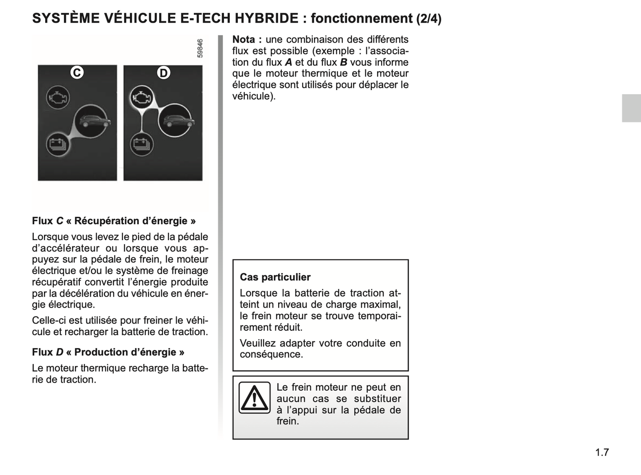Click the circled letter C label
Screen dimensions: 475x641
[x=77, y=72]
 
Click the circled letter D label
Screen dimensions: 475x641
[x=164, y=73]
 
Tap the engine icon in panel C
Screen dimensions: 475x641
[x=58, y=97]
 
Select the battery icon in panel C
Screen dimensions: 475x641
[x=57, y=144]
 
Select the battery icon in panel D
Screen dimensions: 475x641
[x=142, y=144]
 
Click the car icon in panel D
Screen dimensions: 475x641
[x=176, y=121]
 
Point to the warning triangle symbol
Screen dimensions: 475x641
[x=254, y=397]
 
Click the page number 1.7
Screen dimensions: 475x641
[x=602, y=452]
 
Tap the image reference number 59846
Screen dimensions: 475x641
[x=200, y=48]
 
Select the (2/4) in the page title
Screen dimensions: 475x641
[x=429, y=19]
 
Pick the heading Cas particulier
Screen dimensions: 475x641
[x=275, y=277]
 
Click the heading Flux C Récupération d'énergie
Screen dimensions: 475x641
[x=114, y=221]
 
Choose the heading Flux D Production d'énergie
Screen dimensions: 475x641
[x=108, y=352]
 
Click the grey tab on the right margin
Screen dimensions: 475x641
[x=631, y=108]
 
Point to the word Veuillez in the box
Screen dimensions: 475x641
[x=258, y=343]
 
